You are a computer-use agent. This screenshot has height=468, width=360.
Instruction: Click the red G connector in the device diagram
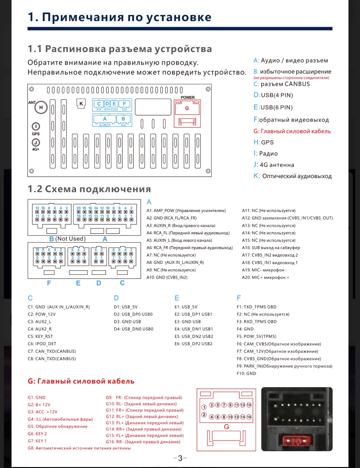(x=187, y=108)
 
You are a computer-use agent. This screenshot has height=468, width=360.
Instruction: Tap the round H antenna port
(x=41, y=107)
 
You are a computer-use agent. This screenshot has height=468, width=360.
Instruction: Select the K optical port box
(x=81, y=103)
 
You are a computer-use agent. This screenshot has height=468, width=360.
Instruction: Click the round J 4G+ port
(x=36, y=143)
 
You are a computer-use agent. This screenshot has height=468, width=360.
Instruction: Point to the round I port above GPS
(x=36, y=127)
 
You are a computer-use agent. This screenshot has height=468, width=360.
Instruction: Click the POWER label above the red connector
(x=188, y=97)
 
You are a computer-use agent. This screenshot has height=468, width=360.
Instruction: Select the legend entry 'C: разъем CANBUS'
(x=282, y=84)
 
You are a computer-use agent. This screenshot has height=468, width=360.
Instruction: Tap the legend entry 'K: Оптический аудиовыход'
(x=292, y=176)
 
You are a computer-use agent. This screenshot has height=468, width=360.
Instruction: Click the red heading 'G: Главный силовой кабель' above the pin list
(x=81, y=381)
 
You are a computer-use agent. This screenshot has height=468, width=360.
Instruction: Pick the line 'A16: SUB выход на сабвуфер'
(x=271, y=248)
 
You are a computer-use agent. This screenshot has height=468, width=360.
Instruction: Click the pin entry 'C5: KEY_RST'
(x=40, y=336)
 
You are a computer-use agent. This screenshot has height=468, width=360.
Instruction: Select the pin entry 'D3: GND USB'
(x=127, y=322)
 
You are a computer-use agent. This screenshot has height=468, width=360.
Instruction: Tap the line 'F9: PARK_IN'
(x=284, y=366)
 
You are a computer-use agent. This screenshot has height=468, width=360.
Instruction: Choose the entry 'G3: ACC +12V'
(x=43, y=412)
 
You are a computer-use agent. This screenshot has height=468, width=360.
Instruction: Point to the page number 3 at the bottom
(x=180, y=458)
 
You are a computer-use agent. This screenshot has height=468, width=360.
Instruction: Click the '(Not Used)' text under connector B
(x=70, y=239)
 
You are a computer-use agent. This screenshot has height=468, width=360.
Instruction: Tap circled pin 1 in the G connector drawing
(x=204, y=407)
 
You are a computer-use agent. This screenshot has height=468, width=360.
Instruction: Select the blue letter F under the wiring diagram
(x=49, y=283)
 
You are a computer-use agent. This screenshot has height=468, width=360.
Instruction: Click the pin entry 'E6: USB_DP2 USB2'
(x=194, y=344)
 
